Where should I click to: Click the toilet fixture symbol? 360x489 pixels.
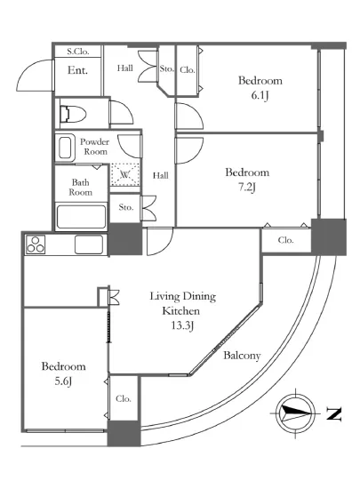[73, 114]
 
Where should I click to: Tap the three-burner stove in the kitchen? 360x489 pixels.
[36, 244]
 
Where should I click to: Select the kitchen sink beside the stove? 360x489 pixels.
[89, 244]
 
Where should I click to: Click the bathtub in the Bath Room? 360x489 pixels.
[81, 217]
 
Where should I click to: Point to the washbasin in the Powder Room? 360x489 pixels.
[65, 148]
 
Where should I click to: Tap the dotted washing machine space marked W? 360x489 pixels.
[125, 174]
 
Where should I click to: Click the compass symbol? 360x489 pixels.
[295, 413]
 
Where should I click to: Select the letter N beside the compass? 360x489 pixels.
[333, 414]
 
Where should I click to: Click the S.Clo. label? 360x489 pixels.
[78, 52]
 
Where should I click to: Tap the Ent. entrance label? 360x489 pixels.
[77, 70]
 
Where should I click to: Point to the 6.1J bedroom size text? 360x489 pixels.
[260, 95]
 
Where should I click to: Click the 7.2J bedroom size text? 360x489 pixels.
[247, 188]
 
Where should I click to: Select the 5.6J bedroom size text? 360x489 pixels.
[63, 381]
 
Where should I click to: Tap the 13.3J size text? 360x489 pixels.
[182, 325]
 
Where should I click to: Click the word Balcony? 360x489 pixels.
[242, 356]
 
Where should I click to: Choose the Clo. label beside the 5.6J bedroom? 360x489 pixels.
[124, 398]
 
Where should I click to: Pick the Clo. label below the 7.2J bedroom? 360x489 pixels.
[286, 240]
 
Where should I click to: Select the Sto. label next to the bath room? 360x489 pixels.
[126, 207]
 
